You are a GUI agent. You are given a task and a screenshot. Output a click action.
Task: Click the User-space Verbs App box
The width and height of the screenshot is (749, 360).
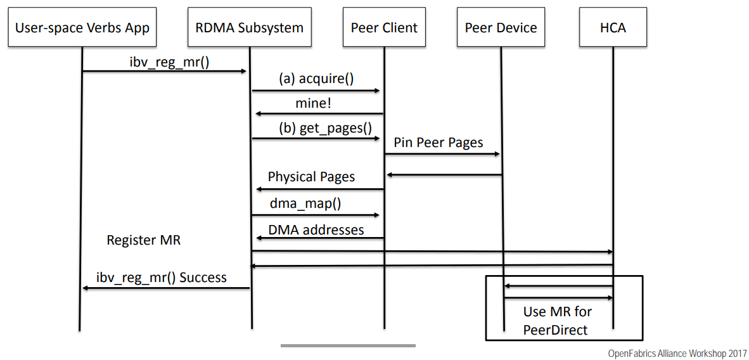(x=82, y=28)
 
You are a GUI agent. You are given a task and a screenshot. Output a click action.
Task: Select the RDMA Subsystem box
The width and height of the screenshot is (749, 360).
(x=250, y=28)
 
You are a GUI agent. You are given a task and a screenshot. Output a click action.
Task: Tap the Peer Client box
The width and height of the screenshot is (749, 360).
(x=384, y=28)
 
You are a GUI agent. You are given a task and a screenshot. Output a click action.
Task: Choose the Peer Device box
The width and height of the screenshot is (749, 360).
(x=501, y=28)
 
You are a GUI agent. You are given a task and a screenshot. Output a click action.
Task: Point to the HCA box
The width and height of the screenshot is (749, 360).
(x=613, y=28)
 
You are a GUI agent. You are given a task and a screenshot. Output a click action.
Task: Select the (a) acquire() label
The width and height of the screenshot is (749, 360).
(x=316, y=79)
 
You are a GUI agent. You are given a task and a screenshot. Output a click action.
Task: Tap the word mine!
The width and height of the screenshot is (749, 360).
(x=313, y=103)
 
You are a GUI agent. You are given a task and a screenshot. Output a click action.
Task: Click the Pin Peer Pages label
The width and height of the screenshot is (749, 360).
(x=439, y=143)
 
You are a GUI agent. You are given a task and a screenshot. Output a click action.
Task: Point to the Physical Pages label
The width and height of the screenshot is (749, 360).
(x=311, y=177)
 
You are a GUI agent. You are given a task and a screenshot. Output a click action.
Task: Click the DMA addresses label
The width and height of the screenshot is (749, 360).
(x=316, y=229)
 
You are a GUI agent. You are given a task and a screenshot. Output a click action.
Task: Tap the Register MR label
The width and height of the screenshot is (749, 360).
(x=144, y=240)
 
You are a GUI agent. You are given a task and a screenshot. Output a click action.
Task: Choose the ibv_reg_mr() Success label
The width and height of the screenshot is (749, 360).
(x=162, y=278)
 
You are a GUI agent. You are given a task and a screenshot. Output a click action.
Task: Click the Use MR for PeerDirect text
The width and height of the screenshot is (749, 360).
(x=556, y=321)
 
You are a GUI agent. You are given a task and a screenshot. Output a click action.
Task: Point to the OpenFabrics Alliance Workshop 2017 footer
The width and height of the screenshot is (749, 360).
(x=677, y=353)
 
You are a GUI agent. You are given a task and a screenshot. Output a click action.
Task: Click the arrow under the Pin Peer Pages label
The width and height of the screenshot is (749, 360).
(x=442, y=154)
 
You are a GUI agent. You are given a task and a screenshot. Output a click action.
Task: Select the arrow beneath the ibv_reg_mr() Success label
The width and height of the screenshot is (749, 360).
(x=166, y=289)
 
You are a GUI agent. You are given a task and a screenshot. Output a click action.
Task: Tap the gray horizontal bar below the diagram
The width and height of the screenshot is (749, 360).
(x=348, y=345)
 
